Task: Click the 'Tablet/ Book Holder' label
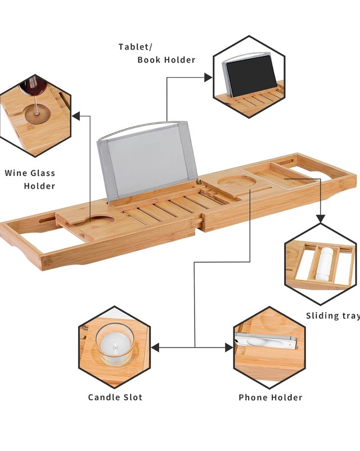pos(156,53)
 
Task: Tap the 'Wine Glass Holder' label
pos(31,179)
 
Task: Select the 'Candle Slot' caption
pos(115,398)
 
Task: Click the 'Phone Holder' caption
pos(270,398)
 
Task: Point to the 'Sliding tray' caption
pos(332,316)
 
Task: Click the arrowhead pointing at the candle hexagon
pos(156,348)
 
